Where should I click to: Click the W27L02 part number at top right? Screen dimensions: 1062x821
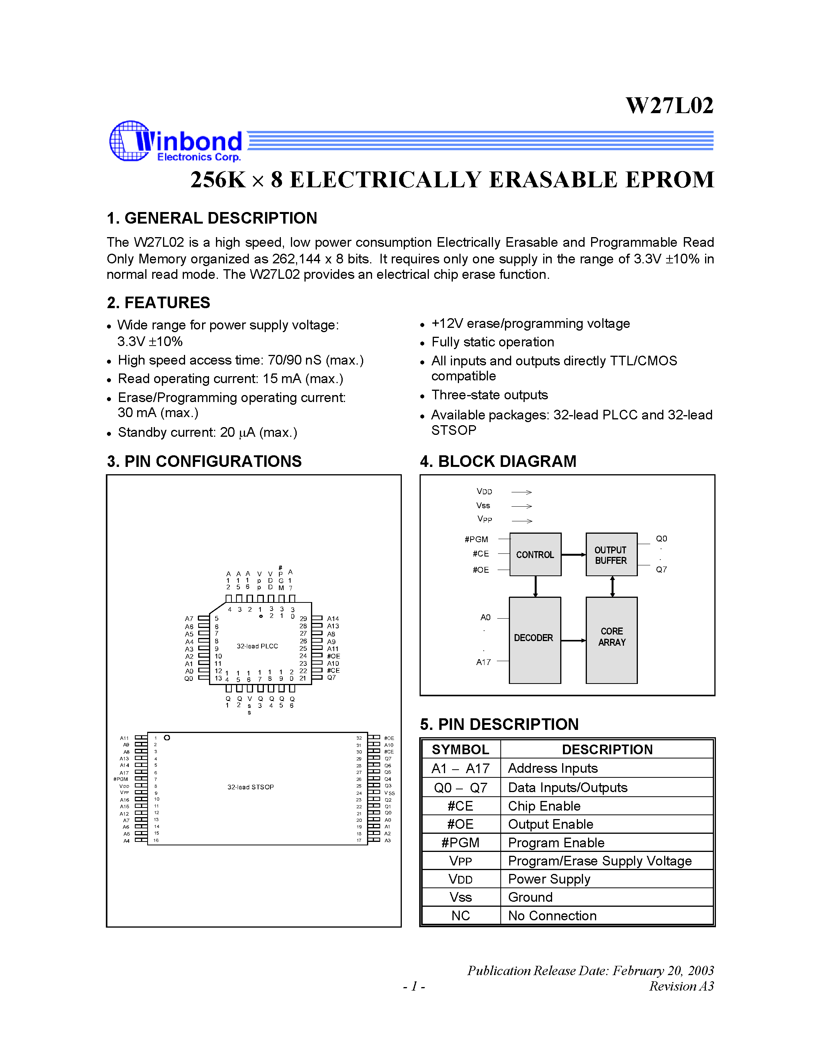pos(669,105)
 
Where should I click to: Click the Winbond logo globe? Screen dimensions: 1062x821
pos(129,141)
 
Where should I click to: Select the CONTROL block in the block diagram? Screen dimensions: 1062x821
pos(535,554)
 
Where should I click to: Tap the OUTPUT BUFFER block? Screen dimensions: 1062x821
pos(611,555)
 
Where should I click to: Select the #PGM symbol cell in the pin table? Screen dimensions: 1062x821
pos(460,842)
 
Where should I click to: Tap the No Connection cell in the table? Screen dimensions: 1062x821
pos(552,916)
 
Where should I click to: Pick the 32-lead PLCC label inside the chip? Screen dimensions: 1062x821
pos(257,646)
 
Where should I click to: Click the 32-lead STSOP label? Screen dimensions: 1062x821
pos(250,787)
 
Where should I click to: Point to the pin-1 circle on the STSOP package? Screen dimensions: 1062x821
pos(167,738)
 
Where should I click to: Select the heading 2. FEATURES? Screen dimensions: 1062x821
pos(158,302)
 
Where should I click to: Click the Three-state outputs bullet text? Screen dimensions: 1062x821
pos(489,395)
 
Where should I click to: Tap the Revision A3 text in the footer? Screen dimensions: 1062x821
pos(681,986)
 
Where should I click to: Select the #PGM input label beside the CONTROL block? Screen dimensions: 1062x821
pos(476,539)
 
